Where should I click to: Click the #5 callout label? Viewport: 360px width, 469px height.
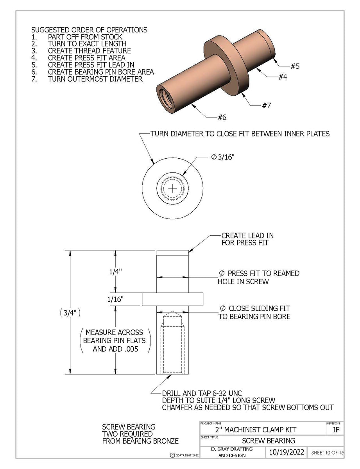(x=295, y=66)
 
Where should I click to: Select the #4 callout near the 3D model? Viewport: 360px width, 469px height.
(x=283, y=77)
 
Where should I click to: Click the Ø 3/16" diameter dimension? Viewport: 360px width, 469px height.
(x=222, y=157)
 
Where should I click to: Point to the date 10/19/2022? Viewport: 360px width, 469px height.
(x=287, y=452)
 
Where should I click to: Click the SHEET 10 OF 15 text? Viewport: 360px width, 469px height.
(x=327, y=453)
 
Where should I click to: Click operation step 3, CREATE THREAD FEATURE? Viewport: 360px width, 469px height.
(x=89, y=51)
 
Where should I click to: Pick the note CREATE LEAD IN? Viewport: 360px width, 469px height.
(x=247, y=236)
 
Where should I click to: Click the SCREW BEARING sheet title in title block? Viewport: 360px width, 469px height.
(x=268, y=441)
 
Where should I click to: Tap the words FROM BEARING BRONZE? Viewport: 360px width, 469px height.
(x=140, y=441)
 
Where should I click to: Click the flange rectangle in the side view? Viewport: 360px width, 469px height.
(x=172, y=299)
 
